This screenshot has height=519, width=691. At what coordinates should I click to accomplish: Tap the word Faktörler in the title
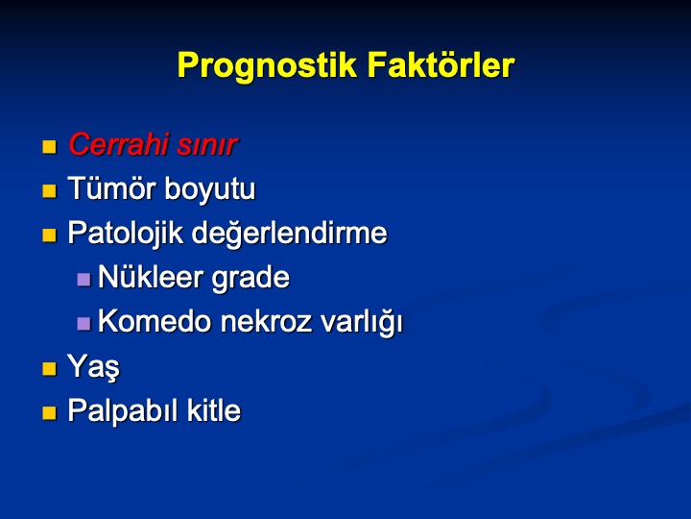441,64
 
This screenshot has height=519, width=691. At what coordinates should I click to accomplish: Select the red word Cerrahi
119,144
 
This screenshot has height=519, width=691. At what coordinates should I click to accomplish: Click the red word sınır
207,146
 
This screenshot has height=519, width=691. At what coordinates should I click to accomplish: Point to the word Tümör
112,188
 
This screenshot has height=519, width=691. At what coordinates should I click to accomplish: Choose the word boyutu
210,189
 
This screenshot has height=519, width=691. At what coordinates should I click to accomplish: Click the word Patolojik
125,233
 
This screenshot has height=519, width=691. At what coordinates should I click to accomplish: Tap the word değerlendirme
289,233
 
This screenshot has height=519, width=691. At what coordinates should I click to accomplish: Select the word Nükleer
151,277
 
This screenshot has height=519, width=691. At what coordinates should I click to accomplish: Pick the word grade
250,278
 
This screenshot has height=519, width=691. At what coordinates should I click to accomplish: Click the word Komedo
155,321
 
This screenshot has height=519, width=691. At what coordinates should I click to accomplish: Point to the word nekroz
266,321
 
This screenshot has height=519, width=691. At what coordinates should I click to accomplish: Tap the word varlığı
362,322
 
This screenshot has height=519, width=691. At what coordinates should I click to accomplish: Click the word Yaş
93,367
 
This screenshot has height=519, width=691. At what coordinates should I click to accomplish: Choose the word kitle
214,410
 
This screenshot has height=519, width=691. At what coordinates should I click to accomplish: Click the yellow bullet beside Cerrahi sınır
49,146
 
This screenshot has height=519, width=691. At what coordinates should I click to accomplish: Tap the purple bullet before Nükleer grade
83,280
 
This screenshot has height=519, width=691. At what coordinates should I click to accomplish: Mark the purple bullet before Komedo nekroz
83,324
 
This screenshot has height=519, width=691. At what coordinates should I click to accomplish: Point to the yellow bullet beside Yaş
49,368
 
